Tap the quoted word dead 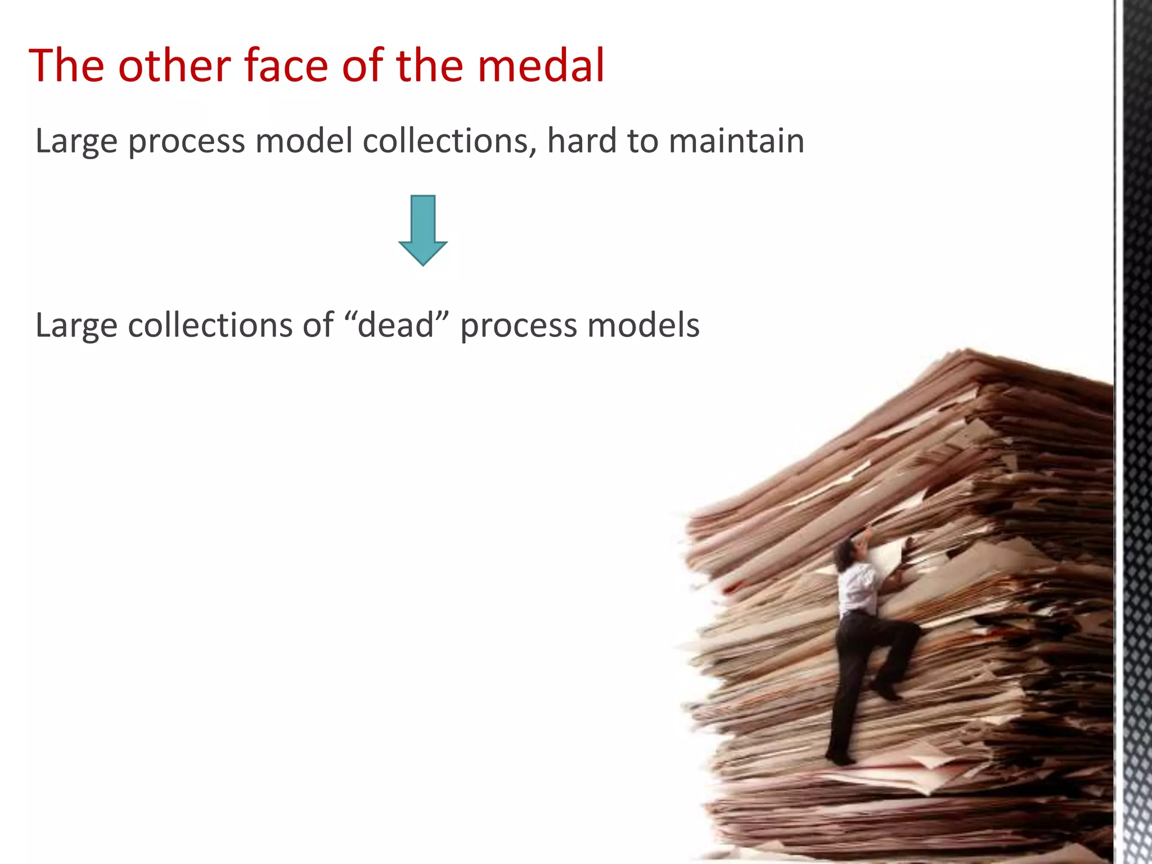(396, 325)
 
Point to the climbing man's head (845, 554)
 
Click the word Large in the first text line (76, 142)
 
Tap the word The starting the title (66, 66)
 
